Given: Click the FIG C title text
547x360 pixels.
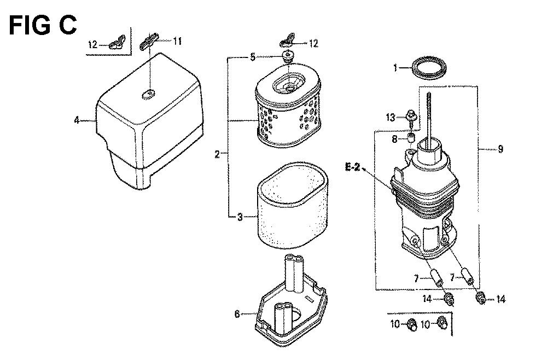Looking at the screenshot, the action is pos(43,25).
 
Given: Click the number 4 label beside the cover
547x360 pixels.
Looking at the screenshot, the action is pos(77,121).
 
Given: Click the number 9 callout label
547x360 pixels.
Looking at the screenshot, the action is pos(501,149).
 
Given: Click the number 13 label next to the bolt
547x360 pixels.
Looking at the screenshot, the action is pos(391,117).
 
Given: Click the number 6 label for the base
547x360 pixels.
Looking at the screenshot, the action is pos(237,314).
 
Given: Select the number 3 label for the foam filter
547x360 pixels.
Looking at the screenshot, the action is pos(240,217).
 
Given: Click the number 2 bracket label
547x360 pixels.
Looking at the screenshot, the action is pos(217,154).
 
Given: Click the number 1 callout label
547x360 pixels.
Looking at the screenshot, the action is pos(395,67).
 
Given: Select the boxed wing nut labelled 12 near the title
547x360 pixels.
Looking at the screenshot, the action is pos(117,41).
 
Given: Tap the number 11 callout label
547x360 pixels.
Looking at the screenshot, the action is pos(177,41).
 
